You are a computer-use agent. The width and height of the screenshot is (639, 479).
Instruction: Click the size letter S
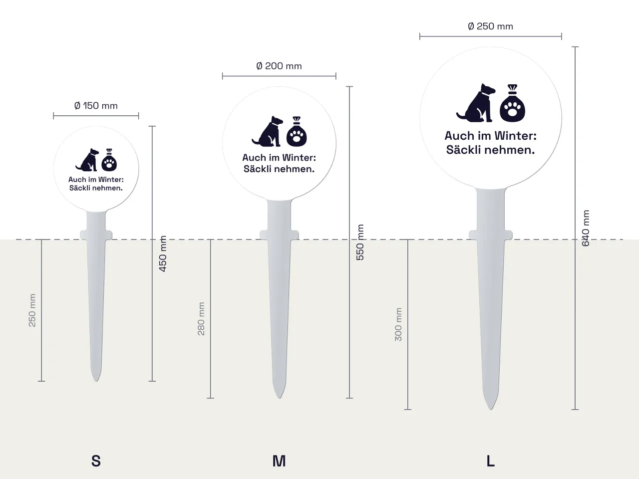click(x=96, y=461)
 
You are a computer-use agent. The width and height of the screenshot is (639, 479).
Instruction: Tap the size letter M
click(x=279, y=461)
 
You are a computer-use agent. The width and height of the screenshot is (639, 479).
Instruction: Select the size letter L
click(x=491, y=461)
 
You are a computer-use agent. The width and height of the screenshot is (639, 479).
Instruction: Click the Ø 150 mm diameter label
click(x=96, y=106)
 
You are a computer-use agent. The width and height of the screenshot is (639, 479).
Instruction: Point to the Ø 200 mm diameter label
click(x=279, y=66)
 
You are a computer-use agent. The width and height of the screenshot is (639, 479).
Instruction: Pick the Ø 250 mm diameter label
click(x=491, y=26)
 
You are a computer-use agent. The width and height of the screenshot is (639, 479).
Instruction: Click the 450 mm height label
click(x=163, y=253)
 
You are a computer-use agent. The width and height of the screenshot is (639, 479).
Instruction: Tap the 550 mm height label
click(x=360, y=242)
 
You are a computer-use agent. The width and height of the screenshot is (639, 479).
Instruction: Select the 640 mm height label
click(x=586, y=229)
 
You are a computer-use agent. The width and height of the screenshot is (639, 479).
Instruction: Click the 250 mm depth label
click(x=32, y=310)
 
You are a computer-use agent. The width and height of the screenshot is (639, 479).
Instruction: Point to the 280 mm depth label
click(x=201, y=319)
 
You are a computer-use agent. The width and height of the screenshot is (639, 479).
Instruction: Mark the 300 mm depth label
click(x=398, y=324)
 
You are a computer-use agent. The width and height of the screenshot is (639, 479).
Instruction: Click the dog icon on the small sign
click(x=87, y=160)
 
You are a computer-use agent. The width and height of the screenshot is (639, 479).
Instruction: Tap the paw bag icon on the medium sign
click(x=297, y=131)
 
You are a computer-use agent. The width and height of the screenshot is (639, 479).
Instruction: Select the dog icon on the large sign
click(x=476, y=103)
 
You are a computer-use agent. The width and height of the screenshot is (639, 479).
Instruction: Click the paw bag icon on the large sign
click(x=512, y=103)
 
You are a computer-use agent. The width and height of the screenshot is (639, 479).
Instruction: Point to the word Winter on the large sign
click(x=516, y=136)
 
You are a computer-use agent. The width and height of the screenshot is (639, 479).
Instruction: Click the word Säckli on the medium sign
click(x=257, y=169)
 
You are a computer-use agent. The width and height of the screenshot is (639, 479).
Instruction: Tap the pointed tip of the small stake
click(x=96, y=381)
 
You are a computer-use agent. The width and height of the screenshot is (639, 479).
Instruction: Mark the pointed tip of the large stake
click(x=491, y=409)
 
